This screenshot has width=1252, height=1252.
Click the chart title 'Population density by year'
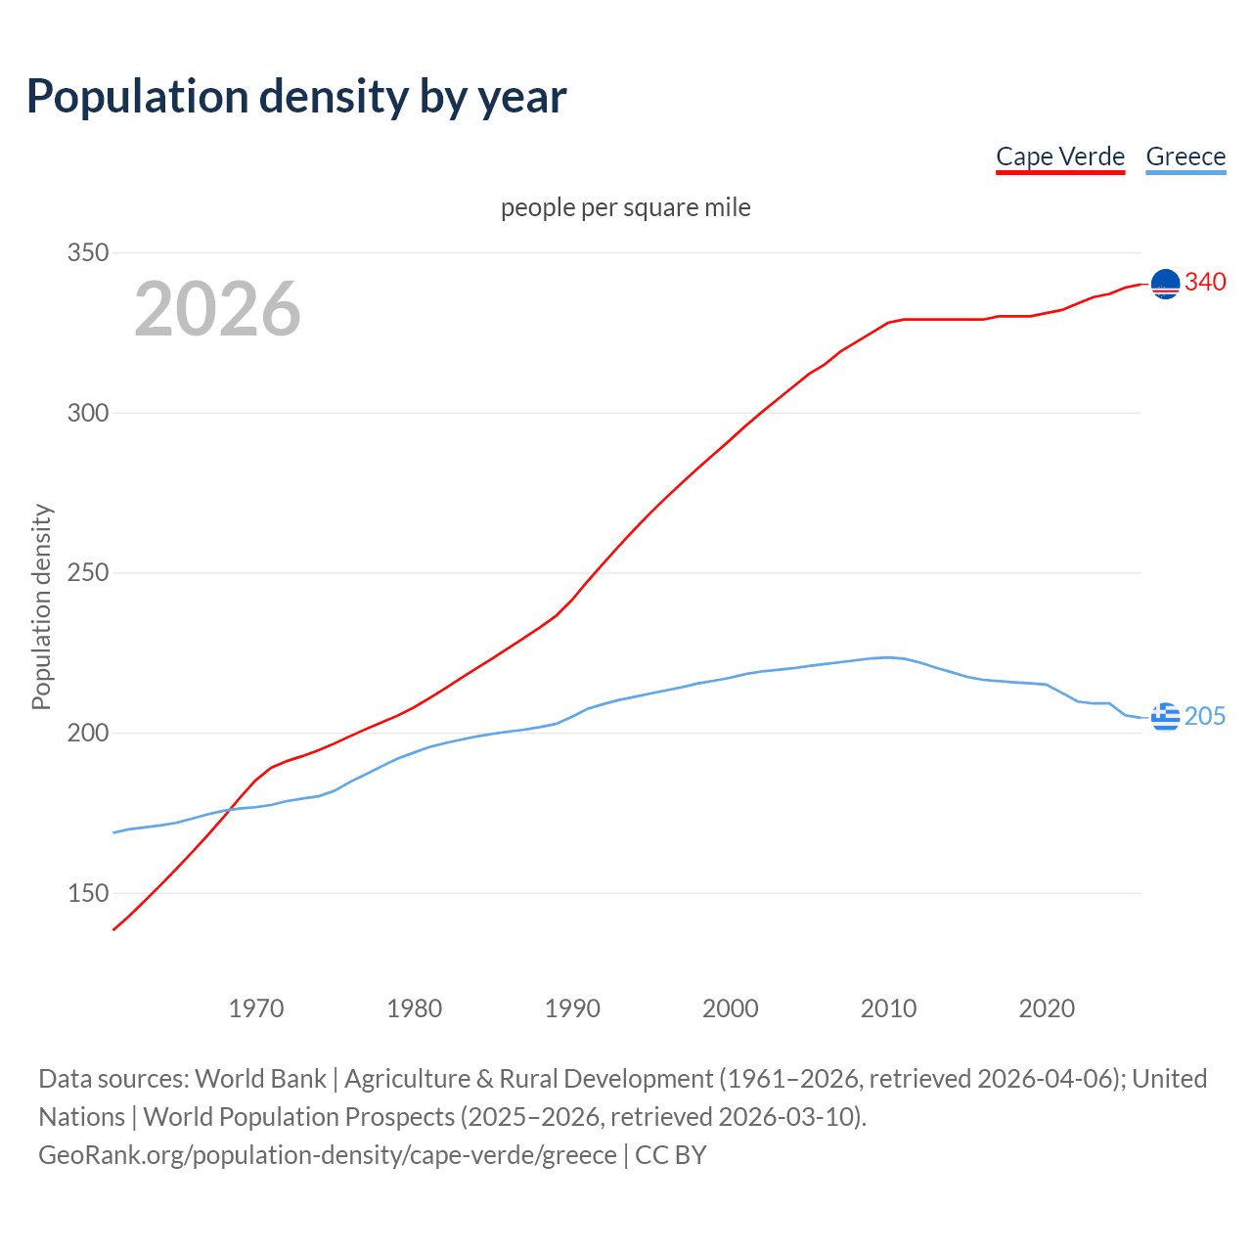296,97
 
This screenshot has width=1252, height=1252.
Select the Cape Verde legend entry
1060,156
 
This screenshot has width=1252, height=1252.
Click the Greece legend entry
1185,156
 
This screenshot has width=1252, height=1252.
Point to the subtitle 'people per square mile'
626,207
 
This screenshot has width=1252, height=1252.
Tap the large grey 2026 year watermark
217,309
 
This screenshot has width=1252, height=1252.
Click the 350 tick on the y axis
88,252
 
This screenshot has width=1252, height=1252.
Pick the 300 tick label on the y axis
88,413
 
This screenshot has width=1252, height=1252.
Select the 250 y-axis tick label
88,572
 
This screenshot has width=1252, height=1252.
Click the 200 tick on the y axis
88,733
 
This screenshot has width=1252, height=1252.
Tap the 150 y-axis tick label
88,893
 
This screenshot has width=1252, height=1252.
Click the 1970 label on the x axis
256,1008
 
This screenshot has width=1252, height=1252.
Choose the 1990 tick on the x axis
572,1008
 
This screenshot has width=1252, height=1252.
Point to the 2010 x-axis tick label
888,1008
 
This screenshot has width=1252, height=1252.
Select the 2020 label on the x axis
1047,1008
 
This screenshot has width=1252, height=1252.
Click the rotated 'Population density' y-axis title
41,606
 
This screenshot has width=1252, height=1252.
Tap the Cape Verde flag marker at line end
1165,284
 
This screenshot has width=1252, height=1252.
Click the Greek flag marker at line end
1165,717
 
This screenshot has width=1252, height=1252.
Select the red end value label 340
1205,283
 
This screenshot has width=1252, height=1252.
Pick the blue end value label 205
1205,717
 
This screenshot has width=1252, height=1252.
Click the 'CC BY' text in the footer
671,1155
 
